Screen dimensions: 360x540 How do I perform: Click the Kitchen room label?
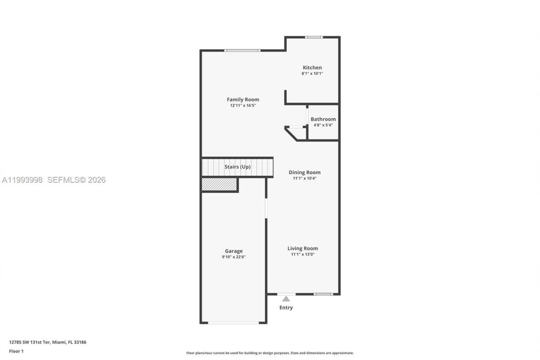tap(312, 68)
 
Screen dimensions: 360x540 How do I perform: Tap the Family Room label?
tap(243, 100)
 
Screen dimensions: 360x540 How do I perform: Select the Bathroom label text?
tap(323, 119)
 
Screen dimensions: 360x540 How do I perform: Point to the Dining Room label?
tap(305, 172)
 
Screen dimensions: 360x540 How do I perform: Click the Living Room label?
tap(303, 248)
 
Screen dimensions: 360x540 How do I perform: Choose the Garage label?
tap(234, 251)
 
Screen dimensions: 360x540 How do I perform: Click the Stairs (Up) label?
tap(238, 167)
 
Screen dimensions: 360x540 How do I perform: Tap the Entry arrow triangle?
tap(286, 299)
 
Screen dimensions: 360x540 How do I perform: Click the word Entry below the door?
tap(286, 308)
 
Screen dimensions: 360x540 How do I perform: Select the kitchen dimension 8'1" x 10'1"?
tap(312, 73)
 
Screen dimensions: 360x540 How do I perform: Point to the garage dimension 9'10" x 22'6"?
tap(234, 257)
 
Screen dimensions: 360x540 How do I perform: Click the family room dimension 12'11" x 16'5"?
tap(243, 106)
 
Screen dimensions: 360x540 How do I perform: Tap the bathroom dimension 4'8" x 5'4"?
tap(323, 125)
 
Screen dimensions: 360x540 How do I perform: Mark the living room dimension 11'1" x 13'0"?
tap(303, 254)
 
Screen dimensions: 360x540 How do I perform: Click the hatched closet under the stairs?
tap(219, 184)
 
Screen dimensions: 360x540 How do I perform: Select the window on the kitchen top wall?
tap(314, 37)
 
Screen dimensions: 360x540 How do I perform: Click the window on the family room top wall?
tap(242, 51)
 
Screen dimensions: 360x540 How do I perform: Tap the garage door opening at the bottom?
tap(233, 323)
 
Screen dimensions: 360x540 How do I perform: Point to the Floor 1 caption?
tap(16, 351)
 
